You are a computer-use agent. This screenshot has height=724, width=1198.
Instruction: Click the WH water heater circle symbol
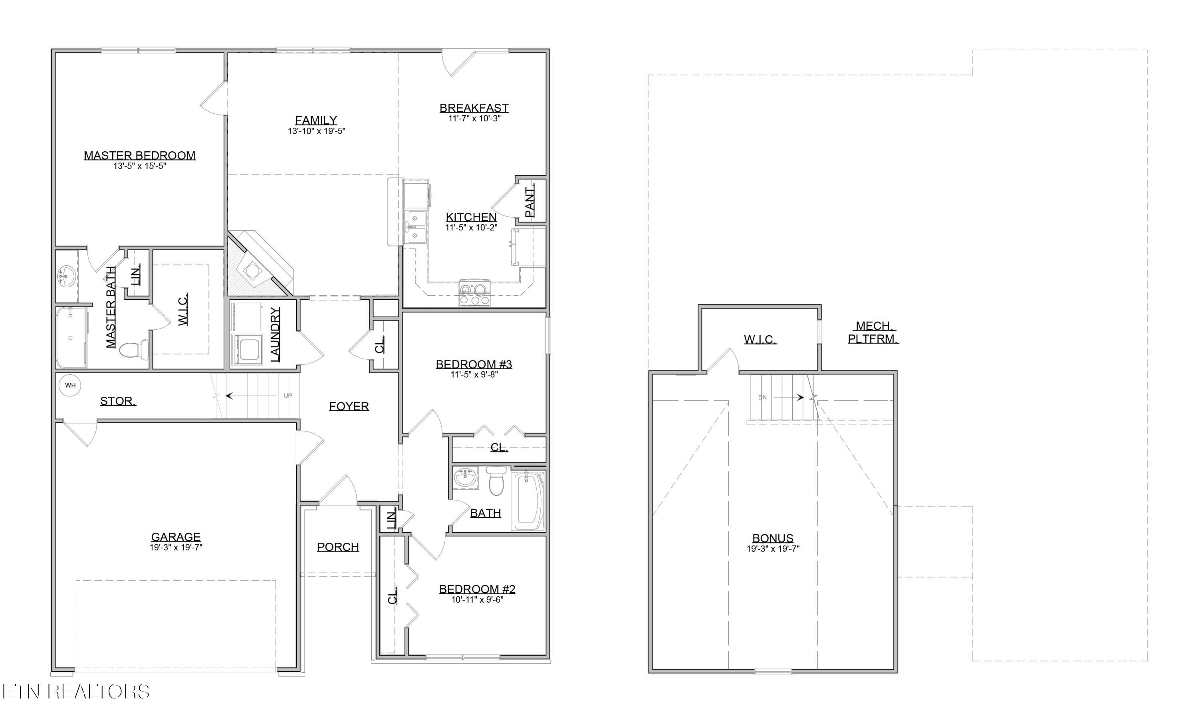tap(70, 385)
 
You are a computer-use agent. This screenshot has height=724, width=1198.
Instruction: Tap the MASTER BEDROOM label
tap(139, 156)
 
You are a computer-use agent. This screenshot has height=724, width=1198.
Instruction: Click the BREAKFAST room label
tap(474, 108)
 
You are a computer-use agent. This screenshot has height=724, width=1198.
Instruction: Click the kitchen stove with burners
tap(474, 295)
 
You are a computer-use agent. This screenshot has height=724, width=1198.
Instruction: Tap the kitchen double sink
tap(416, 226)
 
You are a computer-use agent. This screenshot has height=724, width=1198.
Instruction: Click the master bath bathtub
tap(71, 337)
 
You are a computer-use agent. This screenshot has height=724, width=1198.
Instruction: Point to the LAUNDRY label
tap(275, 334)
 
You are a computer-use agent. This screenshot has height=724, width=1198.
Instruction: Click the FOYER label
tap(349, 406)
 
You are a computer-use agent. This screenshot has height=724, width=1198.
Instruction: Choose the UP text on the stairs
tap(288, 396)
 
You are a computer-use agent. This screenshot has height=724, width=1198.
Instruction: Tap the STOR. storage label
tap(118, 402)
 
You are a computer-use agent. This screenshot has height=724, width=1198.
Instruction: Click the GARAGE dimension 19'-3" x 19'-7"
tap(176, 548)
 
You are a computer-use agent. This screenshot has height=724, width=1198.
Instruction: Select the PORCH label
tap(338, 547)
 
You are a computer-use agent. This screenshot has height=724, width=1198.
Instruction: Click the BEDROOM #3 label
tap(474, 364)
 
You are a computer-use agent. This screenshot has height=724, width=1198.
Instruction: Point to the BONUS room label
tap(773, 538)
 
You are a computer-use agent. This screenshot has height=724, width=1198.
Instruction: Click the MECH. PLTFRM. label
tap(873, 332)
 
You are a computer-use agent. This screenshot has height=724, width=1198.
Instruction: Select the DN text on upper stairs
tap(762, 398)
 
